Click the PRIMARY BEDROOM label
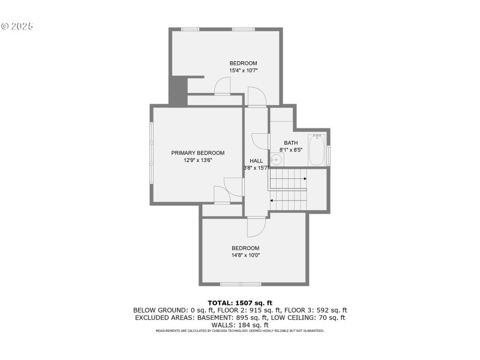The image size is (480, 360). coord(197,153)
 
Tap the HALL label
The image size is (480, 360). coord(256,161)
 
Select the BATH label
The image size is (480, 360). coord(291,143)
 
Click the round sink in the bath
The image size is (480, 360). coord(277,160)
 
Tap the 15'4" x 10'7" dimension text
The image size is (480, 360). coord(243,71)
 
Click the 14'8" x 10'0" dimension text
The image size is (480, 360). coord(245,256)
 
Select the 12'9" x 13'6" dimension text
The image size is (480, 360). coord(197,160)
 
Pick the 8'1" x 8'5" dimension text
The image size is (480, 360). coord(291,150)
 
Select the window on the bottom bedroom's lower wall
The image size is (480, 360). coord(240,284)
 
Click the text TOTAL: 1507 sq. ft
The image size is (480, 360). coord(240,302)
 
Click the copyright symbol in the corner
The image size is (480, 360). coord(5,26)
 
